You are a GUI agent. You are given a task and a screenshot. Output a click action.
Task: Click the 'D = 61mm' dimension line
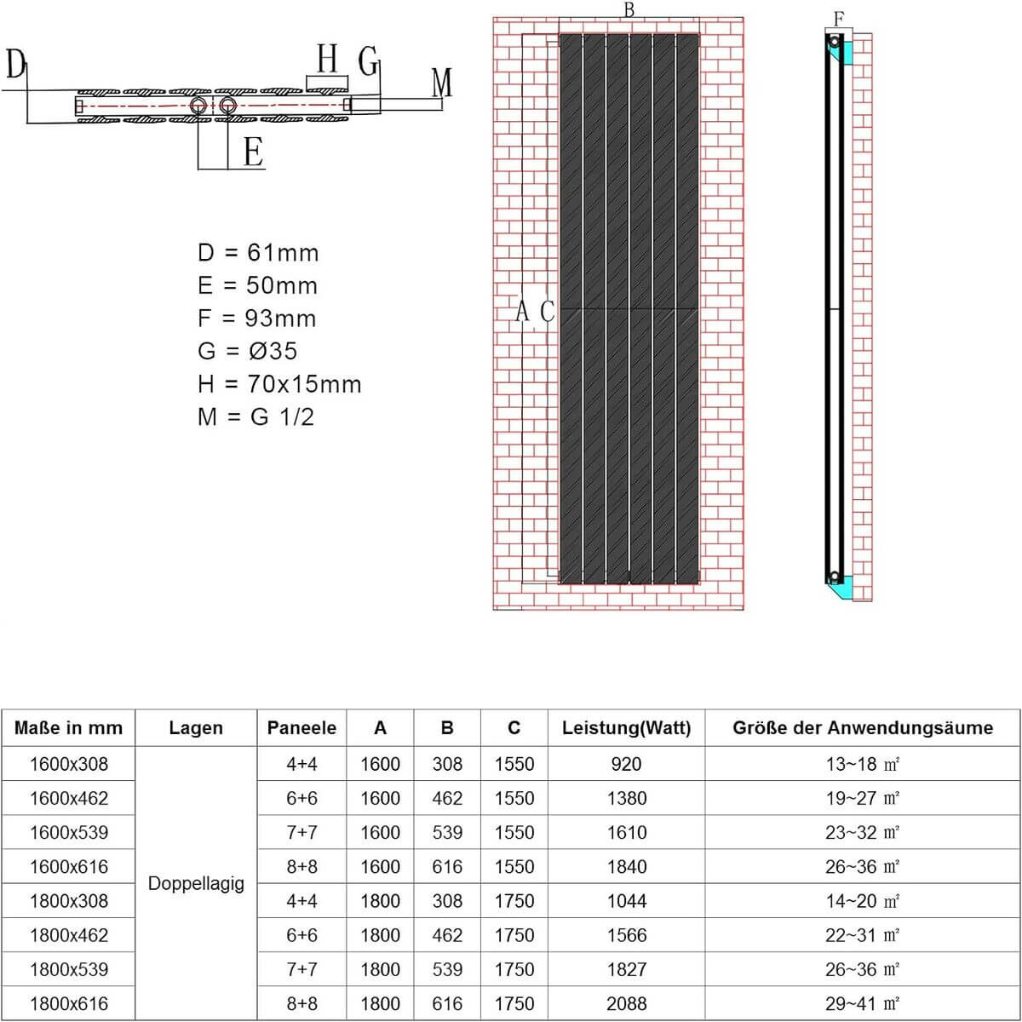[257, 253]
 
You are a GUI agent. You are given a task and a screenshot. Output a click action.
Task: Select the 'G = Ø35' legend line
[247, 351]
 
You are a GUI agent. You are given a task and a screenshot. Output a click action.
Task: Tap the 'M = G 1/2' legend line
[255, 416]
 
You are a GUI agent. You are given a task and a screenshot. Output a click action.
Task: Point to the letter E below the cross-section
[253, 152]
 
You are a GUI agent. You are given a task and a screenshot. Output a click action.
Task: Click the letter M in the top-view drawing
[441, 83]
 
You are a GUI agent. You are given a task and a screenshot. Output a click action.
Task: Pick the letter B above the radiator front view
[629, 10]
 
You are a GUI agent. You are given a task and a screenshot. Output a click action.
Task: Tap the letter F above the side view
[839, 19]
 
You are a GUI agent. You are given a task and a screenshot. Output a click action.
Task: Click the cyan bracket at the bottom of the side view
[841, 586]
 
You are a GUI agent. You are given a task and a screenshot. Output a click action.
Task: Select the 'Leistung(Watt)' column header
[626, 728]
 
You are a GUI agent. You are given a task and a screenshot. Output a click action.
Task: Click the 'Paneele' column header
[301, 728]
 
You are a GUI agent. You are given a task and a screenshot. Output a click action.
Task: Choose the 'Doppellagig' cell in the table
[196, 883]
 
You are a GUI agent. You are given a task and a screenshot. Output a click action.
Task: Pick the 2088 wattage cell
[626, 1003]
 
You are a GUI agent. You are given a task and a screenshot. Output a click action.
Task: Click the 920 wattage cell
[626, 764]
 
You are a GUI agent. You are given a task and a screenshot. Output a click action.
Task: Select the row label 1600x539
[69, 832]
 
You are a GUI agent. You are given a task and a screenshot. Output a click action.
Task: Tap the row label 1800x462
[69, 935]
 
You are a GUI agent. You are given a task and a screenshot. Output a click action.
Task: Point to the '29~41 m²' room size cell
[862, 1003]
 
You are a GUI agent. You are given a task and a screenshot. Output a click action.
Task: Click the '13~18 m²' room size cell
[862, 764]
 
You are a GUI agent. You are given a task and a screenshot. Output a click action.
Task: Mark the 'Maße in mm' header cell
[69, 728]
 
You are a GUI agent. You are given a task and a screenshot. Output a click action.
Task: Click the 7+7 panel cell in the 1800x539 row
[301, 969]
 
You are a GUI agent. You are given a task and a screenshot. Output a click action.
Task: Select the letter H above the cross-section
[327, 60]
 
